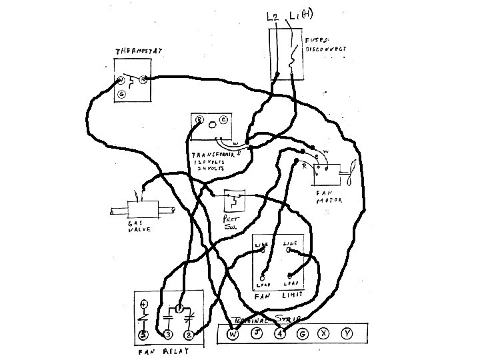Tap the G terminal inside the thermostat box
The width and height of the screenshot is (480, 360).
tap(121, 95)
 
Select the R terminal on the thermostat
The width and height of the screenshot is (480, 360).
tap(143, 80)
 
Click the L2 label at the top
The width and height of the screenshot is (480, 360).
tap(273, 16)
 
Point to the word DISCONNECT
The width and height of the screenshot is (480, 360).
tap(326, 49)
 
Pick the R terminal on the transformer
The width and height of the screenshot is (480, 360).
tap(199, 120)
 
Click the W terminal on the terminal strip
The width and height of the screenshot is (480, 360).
tap(233, 334)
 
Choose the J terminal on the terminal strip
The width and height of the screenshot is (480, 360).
tap(256, 333)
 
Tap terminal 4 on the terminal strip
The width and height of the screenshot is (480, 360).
tap(280, 334)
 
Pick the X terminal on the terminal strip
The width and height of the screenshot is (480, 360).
tap(325, 333)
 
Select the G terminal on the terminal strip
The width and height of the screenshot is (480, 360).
tap(302, 333)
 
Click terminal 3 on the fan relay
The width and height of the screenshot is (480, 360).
tap(167, 334)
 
